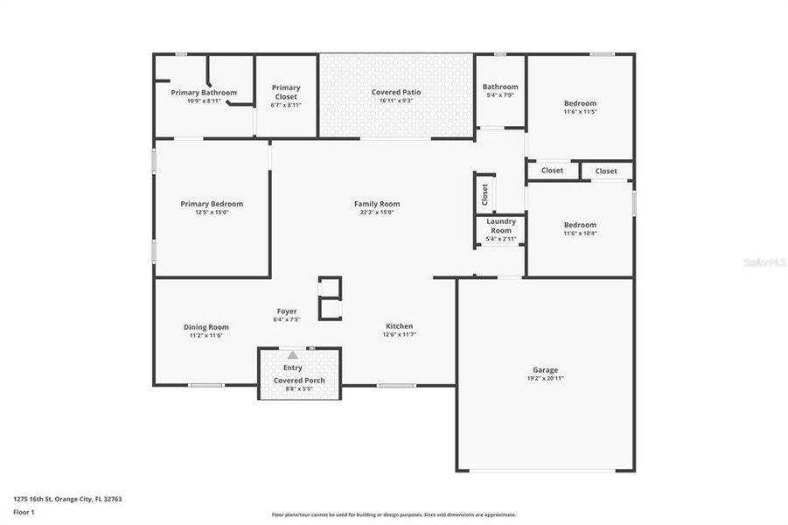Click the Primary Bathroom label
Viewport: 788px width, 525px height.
(204, 92)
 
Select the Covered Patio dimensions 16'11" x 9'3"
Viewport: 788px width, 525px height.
(396, 101)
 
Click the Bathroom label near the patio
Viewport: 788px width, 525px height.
(500, 87)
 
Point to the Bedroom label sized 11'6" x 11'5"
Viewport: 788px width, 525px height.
(580, 103)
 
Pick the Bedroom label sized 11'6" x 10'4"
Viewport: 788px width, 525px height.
(580, 225)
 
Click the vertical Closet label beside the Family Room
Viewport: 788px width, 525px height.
(485, 194)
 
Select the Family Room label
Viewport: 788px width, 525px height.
(377, 204)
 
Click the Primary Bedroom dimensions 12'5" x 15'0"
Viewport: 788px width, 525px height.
(212, 212)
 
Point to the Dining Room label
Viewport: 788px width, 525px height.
(206, 327)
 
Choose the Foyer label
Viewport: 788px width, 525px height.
(287, 311)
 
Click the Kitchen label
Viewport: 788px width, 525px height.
(399, 326)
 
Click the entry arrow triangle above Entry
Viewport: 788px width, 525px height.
(292, 355)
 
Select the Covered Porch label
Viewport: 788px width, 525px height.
(299, 381)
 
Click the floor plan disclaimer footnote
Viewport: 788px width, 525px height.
(394, 514)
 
